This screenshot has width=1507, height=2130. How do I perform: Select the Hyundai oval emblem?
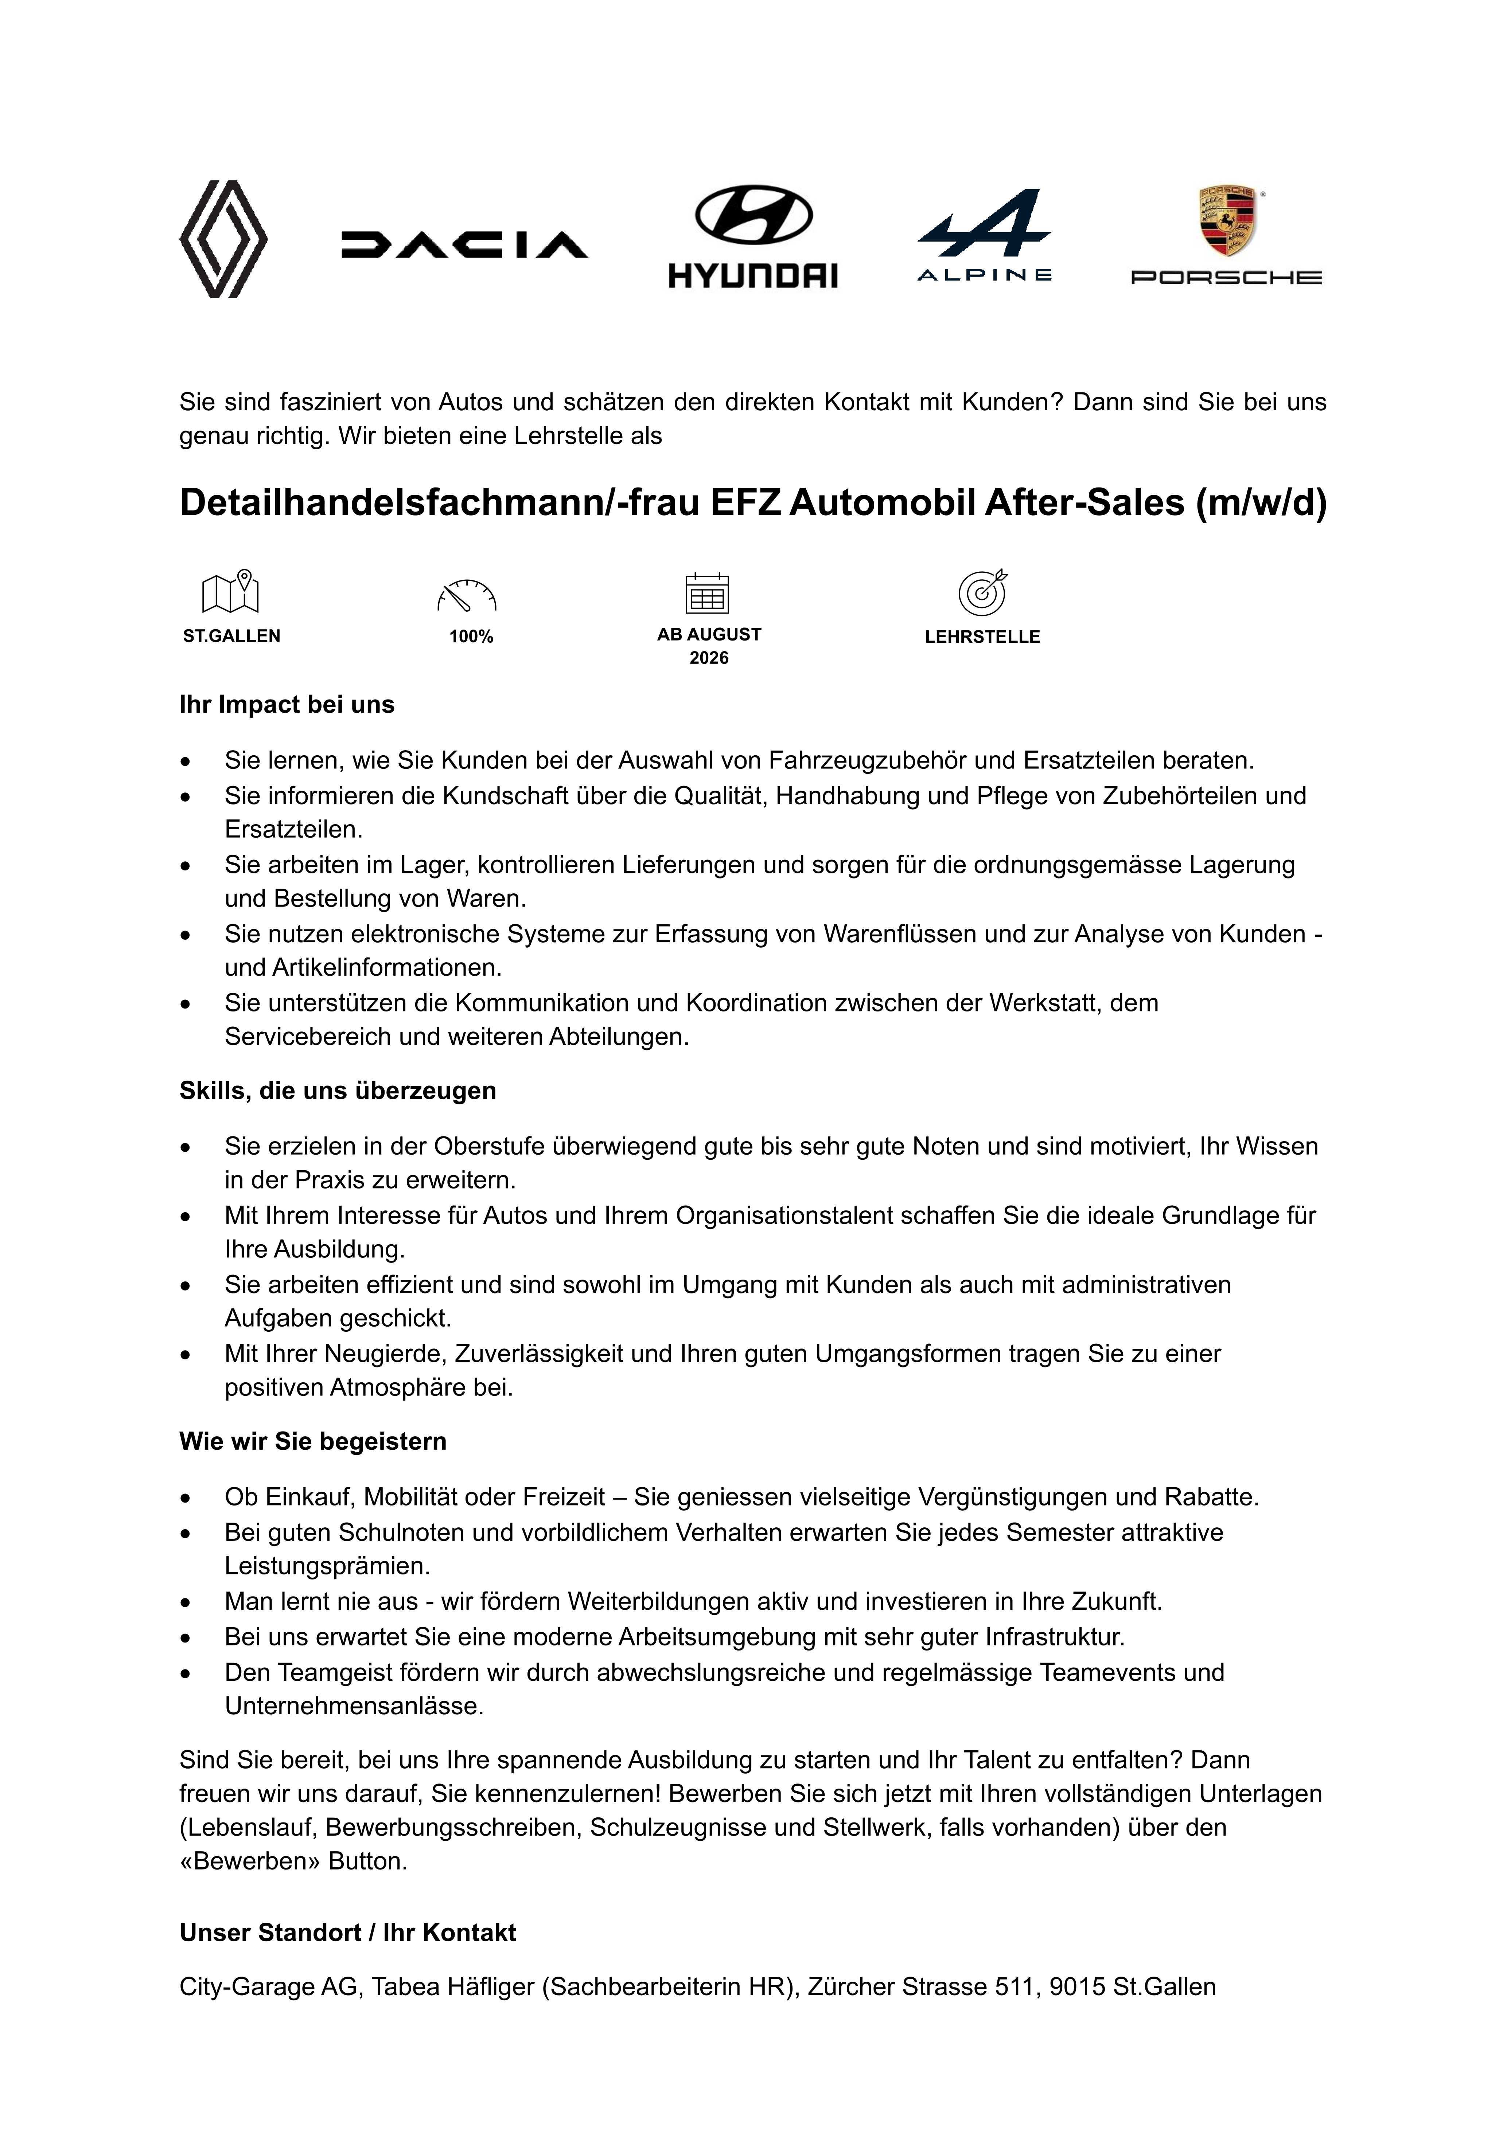point(753,215)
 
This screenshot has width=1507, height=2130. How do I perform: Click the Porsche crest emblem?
point(1227,221)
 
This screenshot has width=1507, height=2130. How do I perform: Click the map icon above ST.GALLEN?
point(231,592)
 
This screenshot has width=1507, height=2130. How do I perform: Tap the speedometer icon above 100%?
point(467,596)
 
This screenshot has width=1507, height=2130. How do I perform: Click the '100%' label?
point(471,637)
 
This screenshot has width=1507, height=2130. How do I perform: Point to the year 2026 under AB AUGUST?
point(709,658)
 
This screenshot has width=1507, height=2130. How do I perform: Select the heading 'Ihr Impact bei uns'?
point(287,705)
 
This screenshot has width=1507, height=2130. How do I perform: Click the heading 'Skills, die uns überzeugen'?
point(338,1091)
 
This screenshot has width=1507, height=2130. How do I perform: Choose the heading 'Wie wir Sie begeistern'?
point(313,1442)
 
